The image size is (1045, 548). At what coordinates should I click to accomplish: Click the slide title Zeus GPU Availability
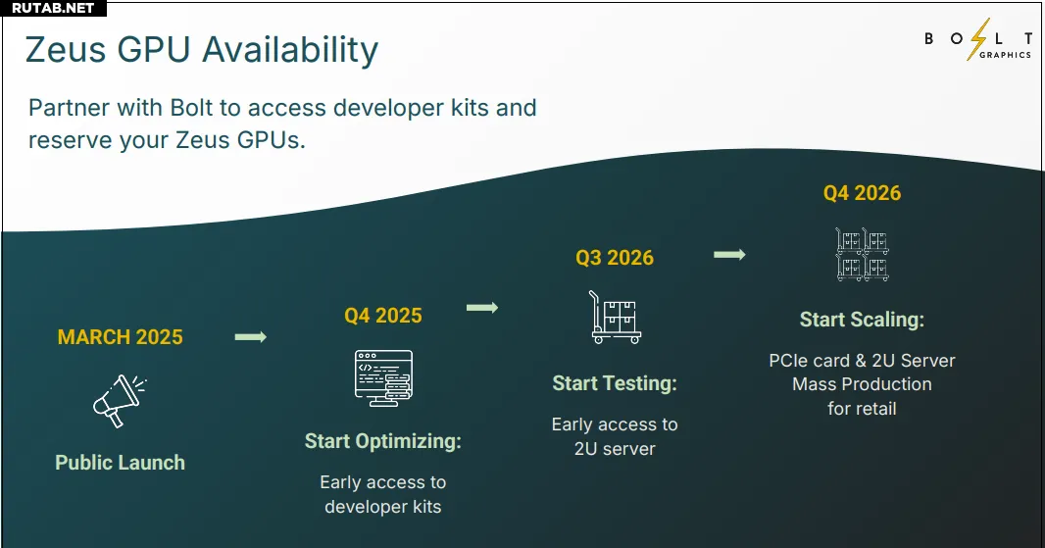pyautogui.click(x=202, y=51)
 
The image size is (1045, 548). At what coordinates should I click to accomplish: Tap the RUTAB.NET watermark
pyautogui.click(x=53, y=8)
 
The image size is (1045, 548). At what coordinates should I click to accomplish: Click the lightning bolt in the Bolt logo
pyautogui.click(x=977, y=39)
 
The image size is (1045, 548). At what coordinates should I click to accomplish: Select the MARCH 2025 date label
pyautogui.click(x=120, y=337)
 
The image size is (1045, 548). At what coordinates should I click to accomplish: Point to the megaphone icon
pyautogui.click(x=120, y=401)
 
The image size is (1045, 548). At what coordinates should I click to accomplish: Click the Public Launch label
pyautogui.click(x=120, y=463)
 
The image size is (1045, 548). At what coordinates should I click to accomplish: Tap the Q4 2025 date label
pyautogui.click(x=383, y=316)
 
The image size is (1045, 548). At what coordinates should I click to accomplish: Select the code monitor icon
pyautogui.click(x=383, y=378)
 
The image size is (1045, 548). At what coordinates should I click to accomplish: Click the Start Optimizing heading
pyautogui.click(x=383, y=441)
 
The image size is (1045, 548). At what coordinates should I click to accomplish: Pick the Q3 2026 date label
pyautogui.click(x=615, y=258)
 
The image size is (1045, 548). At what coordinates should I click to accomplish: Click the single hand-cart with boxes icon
pyautogui.click(x=615, y=318)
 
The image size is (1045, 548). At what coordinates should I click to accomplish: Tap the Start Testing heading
pyautogui.click(x=615, y=383)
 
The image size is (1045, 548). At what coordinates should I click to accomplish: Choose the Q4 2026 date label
pyautogui.click(x=862, y=193)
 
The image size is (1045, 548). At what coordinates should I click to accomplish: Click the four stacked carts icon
pyautogui.click(x=863, y=254)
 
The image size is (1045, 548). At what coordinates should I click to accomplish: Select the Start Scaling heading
pyautogui.click(x=862, y=320)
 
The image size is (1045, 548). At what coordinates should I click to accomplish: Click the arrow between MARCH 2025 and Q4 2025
pyautogui.click(x=251, y=337)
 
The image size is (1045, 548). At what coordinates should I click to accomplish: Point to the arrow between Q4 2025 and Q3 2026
pyautogui.click(x=482, y=308)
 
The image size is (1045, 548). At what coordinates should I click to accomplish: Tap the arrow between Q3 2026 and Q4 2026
pyautogui.click(x=729, y=255)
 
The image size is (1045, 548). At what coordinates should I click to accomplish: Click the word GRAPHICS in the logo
pyautogui.click(x=1005, y=55)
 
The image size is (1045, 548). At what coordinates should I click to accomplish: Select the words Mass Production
pyautogui.click(x=862, y=384)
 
